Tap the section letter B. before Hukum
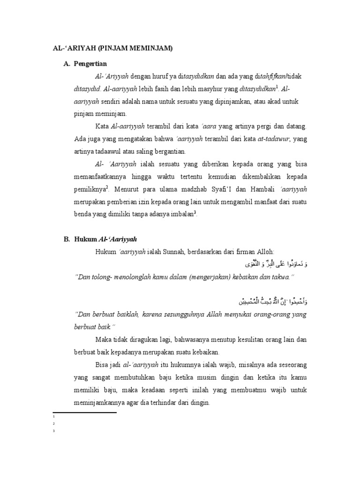click(x=67, y=239)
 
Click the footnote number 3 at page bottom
click(x=55, y=431)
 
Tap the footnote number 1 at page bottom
click(x=55, y=416)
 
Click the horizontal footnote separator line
click(x=84, y=412)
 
